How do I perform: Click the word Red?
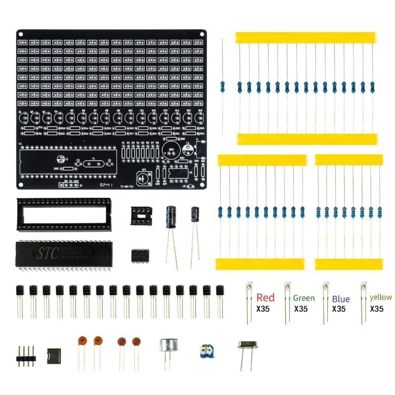[265, 298]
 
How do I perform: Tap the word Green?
[304, 298]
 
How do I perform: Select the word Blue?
[341, 299]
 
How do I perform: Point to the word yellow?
[381, 297]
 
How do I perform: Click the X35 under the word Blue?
[339, 309]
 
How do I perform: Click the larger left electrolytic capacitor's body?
[171, 217]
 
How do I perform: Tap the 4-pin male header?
[27, 354]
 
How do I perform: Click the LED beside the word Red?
[248, 288]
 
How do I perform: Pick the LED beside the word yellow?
[364, 288]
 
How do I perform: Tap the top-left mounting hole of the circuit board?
[21, 33]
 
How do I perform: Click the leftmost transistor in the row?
[20, 291]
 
